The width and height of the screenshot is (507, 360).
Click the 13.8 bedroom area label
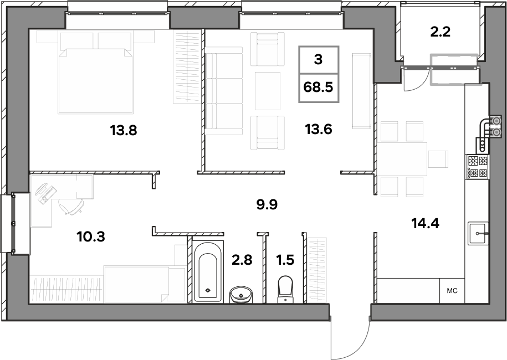(124, 131)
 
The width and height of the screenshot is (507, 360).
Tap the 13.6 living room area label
(319, 129)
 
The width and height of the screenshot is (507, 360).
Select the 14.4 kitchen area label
(425, 223)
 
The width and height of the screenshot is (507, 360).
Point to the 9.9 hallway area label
(267, 204)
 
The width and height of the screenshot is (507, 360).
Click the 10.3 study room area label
(91, 237)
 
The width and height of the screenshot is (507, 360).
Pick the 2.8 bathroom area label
(242, 260)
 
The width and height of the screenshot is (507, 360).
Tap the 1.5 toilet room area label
(285, 260)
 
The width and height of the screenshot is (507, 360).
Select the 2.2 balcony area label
(441, 32)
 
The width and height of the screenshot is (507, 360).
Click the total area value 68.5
(319, 88)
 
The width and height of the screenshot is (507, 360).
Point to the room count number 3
(319, 59)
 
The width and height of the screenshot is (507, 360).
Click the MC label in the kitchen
(452, 291)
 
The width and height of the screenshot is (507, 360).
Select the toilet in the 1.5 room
(285, 289)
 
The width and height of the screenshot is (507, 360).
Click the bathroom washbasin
(241, 295)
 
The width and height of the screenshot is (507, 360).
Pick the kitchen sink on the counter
(478, 233)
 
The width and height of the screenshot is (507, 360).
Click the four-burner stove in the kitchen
(477, 167)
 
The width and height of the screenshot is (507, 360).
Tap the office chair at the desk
(71, 206)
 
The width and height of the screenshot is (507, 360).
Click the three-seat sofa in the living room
(223, 91)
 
